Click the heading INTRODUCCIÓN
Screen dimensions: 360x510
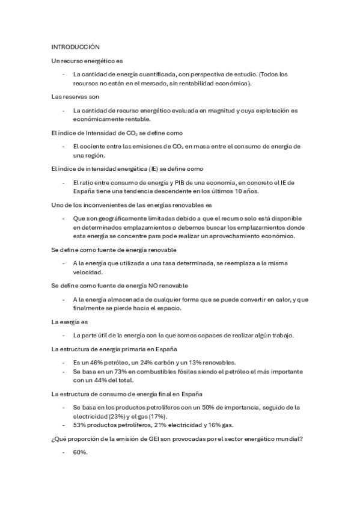[75, 46]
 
